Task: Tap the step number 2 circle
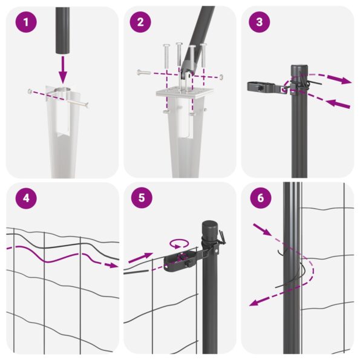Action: click(x=140, y=23)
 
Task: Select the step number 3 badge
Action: click(x=260, y=23)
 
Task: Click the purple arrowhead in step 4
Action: click(x=114, y=265)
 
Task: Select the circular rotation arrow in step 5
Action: click(x=178, y=244)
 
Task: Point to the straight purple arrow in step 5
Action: click(x=142, y=258)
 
